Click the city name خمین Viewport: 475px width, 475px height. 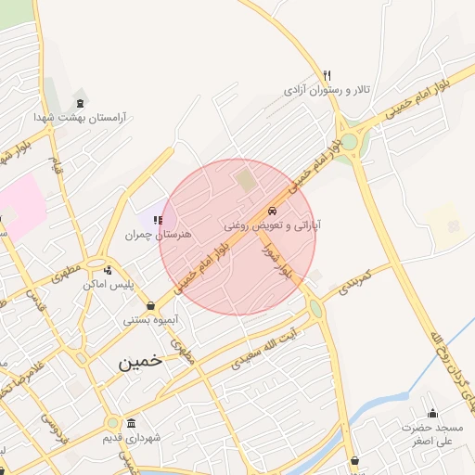pos(140,361)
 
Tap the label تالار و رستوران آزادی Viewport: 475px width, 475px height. pos(327,91)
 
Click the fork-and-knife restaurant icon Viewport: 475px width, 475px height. pos(327,75)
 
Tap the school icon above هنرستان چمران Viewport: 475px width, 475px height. pos(158,220)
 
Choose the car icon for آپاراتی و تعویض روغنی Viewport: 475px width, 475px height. pos(271,211)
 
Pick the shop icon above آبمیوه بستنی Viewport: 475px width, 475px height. pos(150,304)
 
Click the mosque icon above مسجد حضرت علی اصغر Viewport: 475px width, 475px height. pos(432,413)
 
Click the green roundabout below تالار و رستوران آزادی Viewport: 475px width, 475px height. pos(349,142)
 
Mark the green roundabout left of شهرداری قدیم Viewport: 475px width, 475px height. pos(111,423)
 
